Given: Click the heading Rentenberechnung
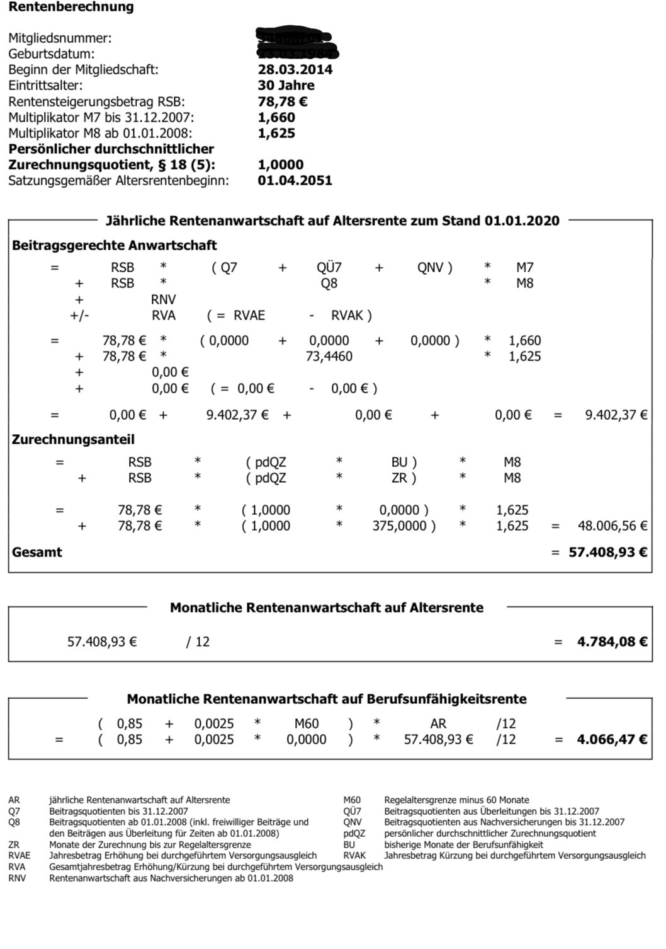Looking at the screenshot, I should point(71,8).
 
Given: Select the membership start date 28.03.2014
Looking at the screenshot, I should point(295,70).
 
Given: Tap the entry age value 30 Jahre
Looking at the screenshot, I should point(286,86).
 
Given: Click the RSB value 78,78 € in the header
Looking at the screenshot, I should point(283,101).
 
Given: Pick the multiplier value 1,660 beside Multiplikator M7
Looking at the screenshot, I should point(276,117).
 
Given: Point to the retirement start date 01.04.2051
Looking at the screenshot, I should point(295,180).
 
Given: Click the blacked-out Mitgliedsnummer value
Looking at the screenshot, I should point(295,37).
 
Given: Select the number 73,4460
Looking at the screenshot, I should point(329,357).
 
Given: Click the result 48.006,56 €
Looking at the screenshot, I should point(612,526).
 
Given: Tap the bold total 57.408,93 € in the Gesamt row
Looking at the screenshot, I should point(607,553).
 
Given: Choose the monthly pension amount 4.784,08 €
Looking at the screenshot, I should point(612,642).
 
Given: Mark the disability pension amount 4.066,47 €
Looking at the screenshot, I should point(612,740).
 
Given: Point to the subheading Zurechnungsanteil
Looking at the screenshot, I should point(73,440).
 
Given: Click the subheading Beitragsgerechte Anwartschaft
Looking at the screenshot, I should point(114,246).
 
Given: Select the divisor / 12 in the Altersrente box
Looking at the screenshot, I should point(198,642).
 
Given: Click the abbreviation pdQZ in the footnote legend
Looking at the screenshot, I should point(354,834).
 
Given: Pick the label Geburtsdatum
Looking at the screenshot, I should point(51,54).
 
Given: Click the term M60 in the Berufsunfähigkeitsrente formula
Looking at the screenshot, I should point(307,724).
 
